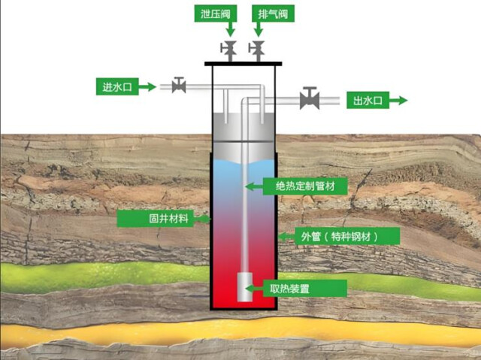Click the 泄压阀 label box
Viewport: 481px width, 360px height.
point(216,14)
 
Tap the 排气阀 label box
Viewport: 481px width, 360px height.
point(273,14)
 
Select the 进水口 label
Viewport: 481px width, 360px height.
point(117,86)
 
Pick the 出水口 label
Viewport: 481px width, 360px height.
point(368,100)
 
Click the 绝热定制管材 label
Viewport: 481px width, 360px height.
point(305,186)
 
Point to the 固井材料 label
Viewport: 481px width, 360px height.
point(156,219)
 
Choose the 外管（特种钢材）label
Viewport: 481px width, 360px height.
point(347,236)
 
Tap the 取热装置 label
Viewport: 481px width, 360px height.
point(305,289)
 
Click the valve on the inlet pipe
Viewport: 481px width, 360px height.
point(179,85)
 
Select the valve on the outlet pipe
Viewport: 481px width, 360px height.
point(310,98)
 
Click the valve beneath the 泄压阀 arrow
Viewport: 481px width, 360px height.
point(228,51)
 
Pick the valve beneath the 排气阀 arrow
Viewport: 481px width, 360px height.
point(257,51)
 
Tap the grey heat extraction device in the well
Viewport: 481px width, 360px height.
point(245,286)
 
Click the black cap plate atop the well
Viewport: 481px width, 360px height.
point(244,64)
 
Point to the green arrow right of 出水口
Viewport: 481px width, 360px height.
point(398,100)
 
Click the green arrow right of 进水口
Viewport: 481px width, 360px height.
point(147,86)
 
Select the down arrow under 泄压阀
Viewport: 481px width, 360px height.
point(230,29)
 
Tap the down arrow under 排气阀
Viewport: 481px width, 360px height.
point(259,29)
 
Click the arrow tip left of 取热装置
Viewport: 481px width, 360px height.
point(246,289)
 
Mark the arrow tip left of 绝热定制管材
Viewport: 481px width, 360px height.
point(246,186)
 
